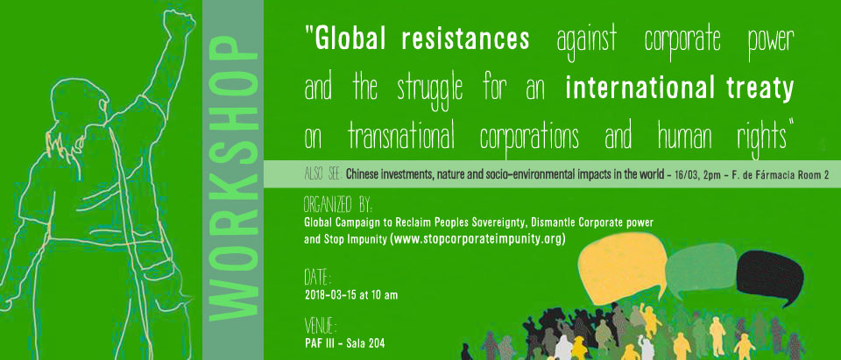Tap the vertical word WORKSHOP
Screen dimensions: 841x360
click(x=233, y=180)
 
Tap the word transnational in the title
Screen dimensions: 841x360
click(x=401, y=138)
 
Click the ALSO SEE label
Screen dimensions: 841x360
click(x=323, y=173)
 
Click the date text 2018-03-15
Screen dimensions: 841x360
click(x=328, y=295)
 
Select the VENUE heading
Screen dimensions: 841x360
click(x=321, y=326)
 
